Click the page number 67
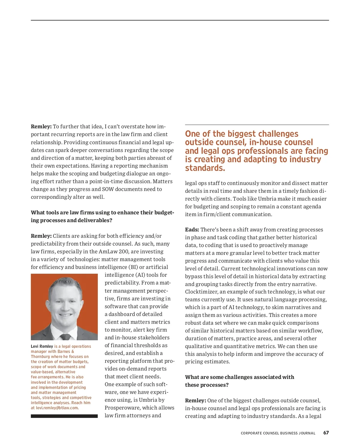(326, 433)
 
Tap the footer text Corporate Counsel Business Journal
(278, 433)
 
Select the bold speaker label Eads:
(192, 230)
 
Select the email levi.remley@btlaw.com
(57, 408)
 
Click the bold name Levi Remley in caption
(42, 346)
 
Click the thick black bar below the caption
(64, 416)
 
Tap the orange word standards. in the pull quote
(205, 168)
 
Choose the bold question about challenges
(239, 381)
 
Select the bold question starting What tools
(102, 216)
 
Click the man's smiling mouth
(65, 315)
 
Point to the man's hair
(64, 283)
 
